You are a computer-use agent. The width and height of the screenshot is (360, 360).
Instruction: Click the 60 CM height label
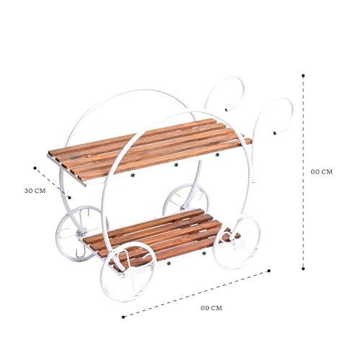click(x=322, y=171)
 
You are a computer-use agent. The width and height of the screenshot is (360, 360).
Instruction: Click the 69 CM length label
click(x=212, y=308)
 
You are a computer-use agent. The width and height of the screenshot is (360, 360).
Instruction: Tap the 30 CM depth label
click(x=35, y=191)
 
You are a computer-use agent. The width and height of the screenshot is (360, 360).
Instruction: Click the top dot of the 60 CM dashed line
click(x=303, y=76)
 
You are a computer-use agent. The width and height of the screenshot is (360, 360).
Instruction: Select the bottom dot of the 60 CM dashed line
click(x=303, y=269)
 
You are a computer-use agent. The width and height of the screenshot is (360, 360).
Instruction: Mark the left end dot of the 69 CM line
click(x=123, y=317)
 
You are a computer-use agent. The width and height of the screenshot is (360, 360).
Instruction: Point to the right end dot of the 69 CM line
click(x=269, y=271)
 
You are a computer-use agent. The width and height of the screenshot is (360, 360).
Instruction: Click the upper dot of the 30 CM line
click(x=35, y=168)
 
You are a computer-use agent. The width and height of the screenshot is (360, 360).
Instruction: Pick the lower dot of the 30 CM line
click(x=70, y=197)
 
